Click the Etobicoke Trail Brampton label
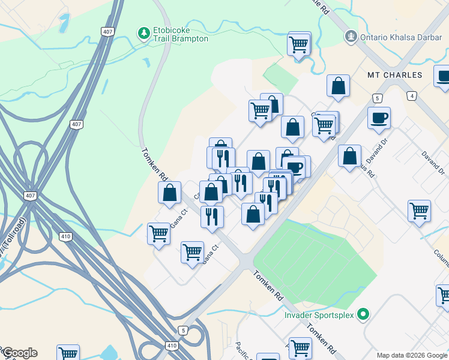click(181, 34)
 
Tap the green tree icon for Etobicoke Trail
click(143, 31)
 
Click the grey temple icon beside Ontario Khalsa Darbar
click(351, 37)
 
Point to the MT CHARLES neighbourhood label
click(395, 76)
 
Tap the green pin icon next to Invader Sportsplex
click(363, 314)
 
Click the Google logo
click(20, 353)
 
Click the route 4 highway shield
click(411, 96)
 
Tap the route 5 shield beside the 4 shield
click(377, 98)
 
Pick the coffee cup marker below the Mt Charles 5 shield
click(379, 118)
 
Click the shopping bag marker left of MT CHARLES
click(339, 86)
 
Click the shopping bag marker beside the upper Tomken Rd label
click(170, 193)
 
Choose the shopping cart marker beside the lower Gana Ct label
click(192, 253)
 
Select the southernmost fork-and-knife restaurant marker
click(212, 217)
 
